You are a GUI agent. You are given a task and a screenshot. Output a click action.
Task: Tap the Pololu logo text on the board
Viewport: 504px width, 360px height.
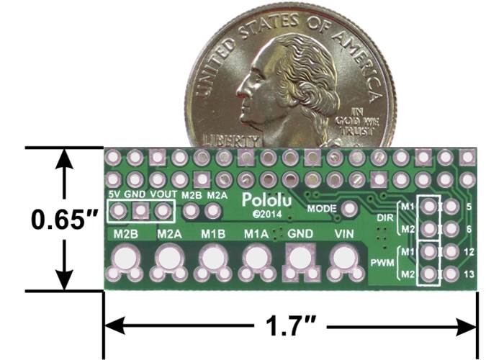(x=263, y=199)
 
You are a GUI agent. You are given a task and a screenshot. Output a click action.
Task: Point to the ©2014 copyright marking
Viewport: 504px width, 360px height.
(x=260, y=214)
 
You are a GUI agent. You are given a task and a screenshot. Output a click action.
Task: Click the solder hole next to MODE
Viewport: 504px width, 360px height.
(x=351, y=208)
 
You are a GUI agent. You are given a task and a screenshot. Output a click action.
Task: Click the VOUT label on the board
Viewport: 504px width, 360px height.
(x=165, y=194)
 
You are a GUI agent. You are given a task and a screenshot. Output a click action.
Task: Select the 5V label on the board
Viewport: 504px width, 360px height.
(x=114, y=194)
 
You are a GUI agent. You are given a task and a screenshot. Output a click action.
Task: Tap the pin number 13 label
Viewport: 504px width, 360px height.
(x=469, y=274)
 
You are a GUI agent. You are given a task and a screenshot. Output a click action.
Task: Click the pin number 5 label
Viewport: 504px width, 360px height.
(x=469, y=207)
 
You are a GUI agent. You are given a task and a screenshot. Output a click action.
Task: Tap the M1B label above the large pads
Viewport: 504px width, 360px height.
(x=213, y=235)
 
